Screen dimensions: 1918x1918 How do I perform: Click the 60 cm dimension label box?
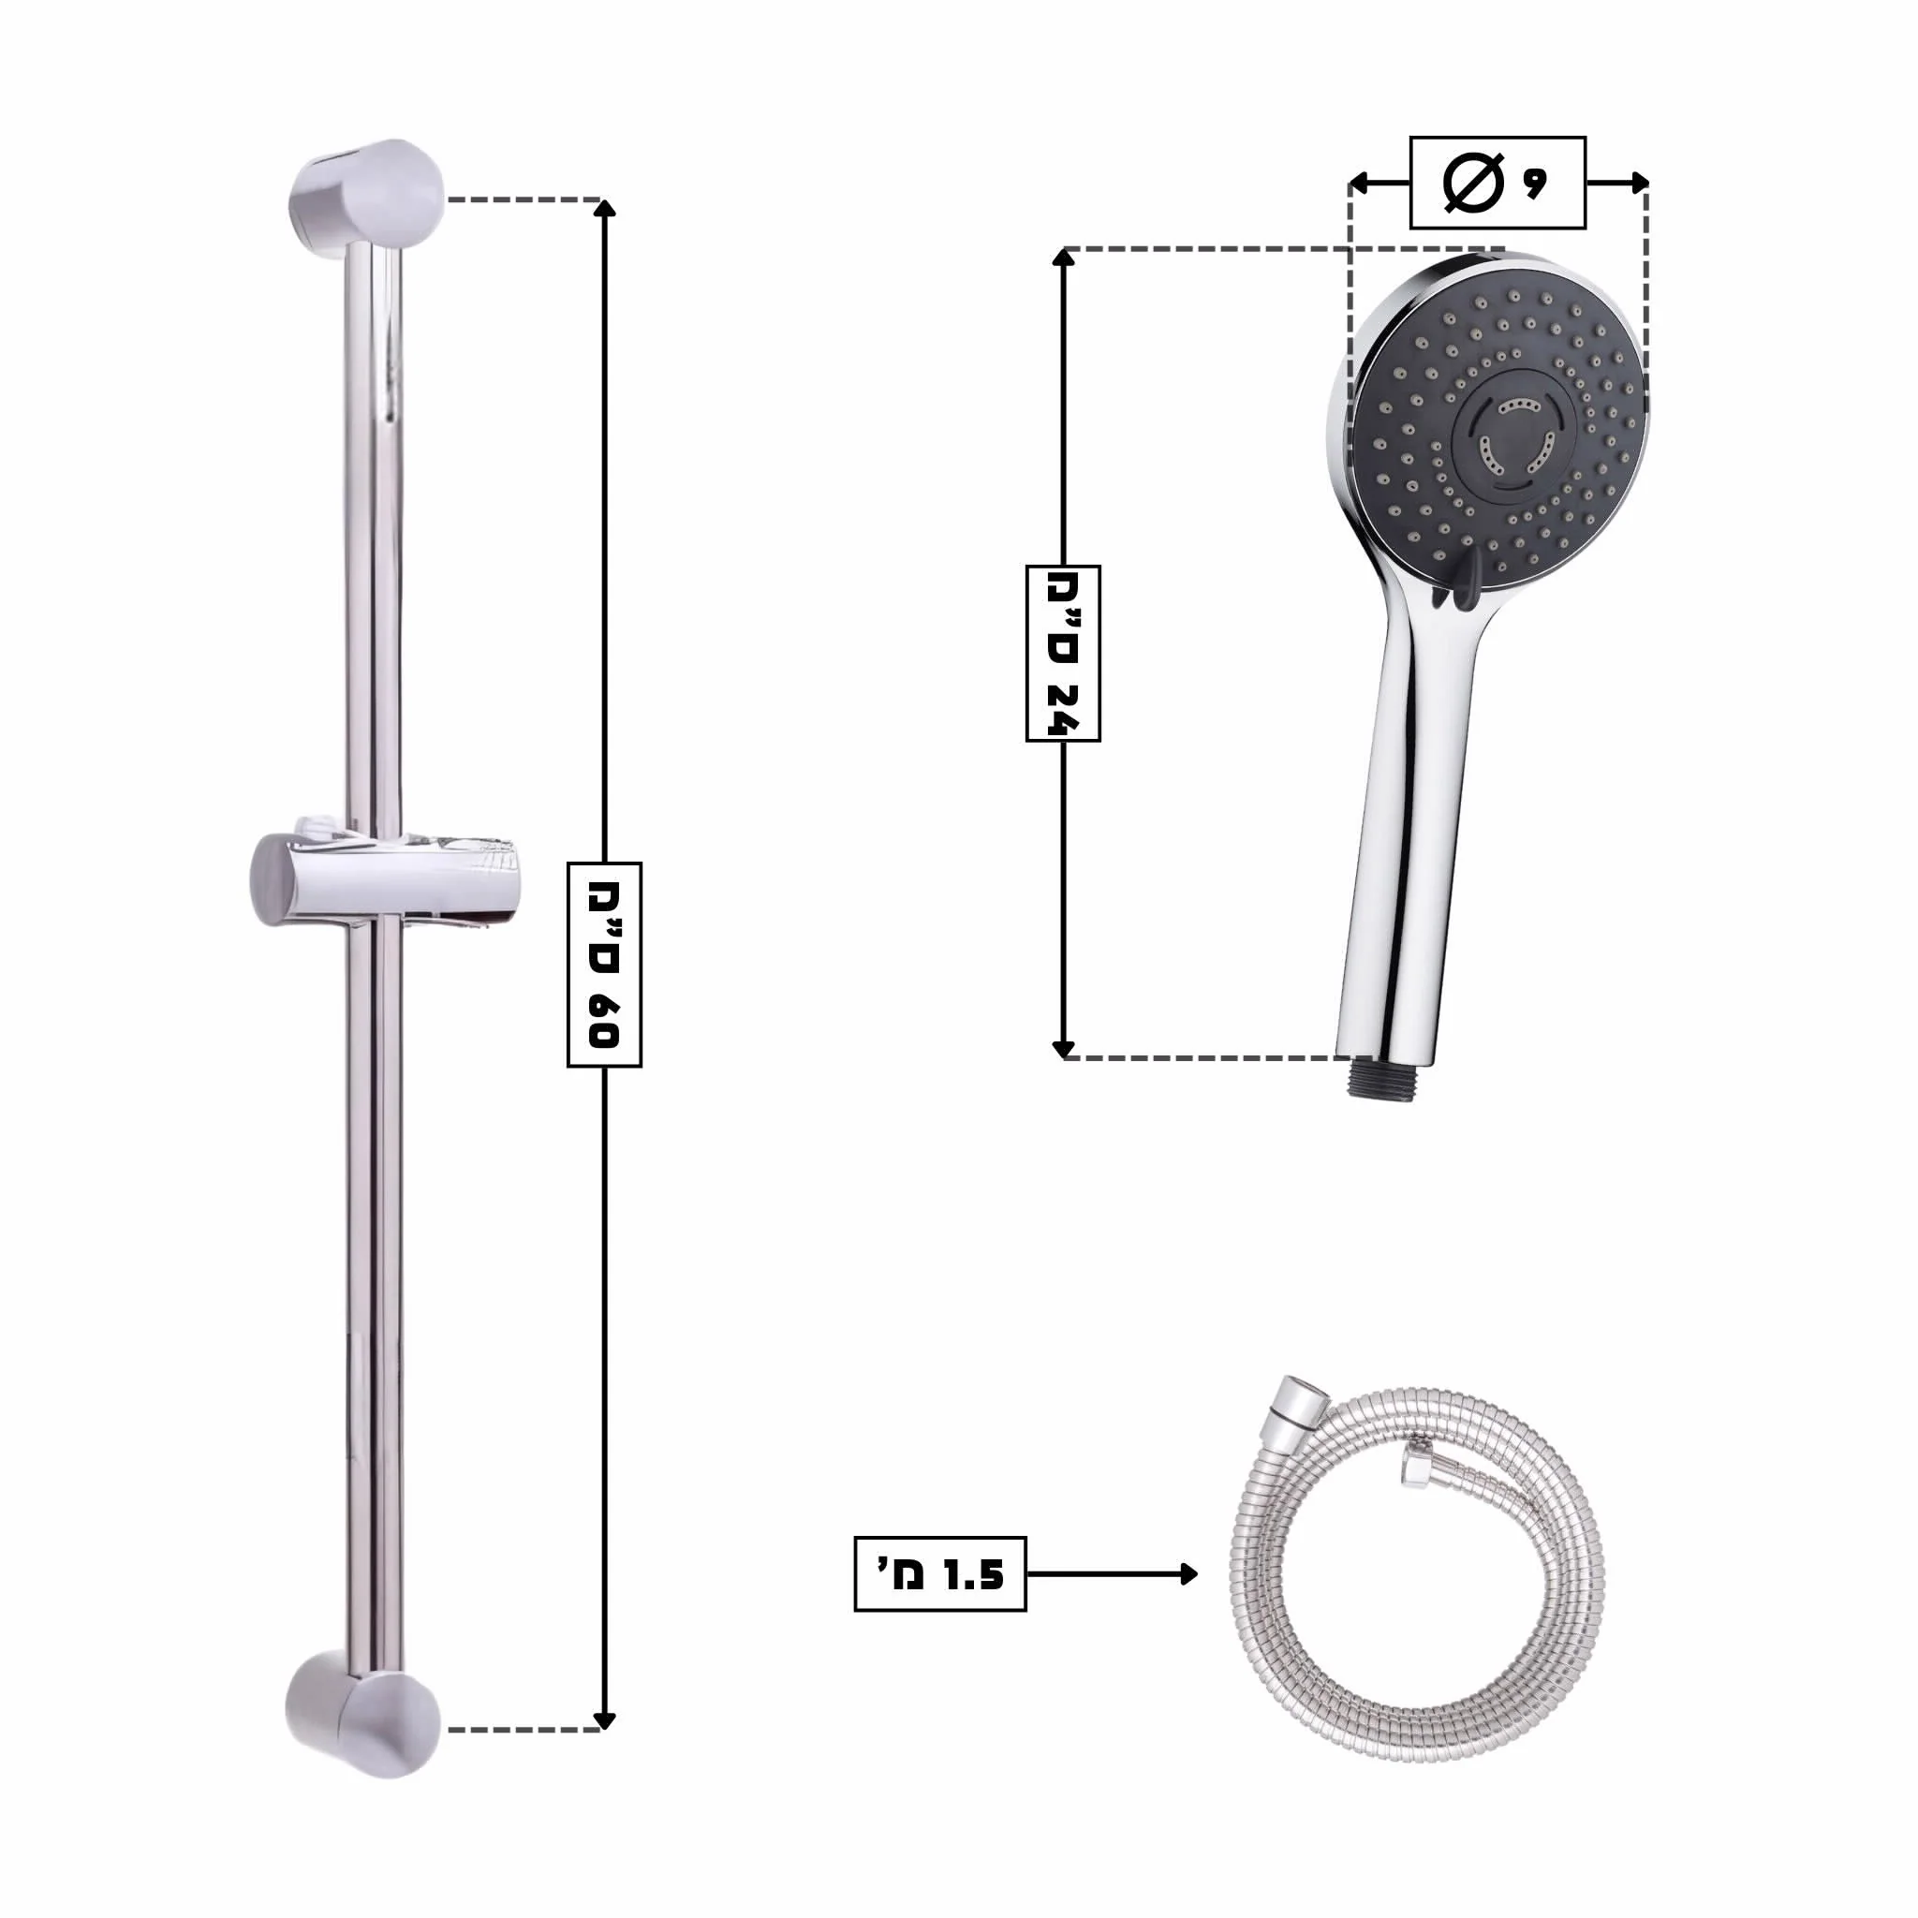point(604,964)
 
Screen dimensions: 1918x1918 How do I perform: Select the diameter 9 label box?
point(1498,183)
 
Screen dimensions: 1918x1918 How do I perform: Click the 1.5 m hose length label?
point(939,1573)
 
